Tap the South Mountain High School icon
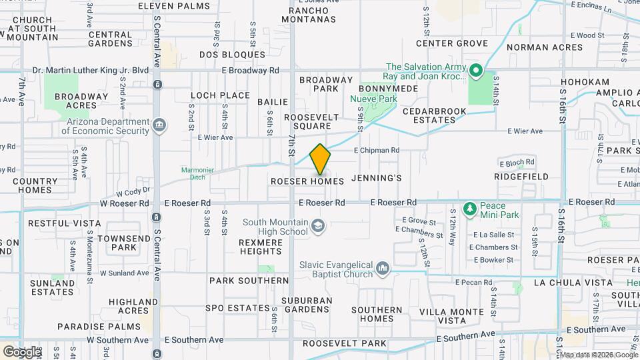point(317,227)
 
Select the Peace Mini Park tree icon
point(470,209)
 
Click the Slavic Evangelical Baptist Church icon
point(383,268)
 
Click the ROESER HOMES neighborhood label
point(307,181)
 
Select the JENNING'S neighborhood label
point(377,178)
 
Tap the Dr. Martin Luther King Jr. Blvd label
point(90,70)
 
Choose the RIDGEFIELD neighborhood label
point(521,177)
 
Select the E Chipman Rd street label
point(377,151)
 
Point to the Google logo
point(21,351)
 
